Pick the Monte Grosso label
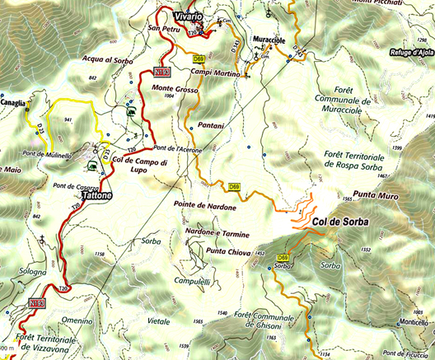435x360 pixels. click(173, 88)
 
